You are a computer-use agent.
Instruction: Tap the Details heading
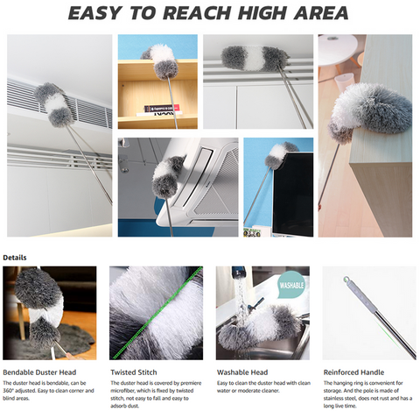15,259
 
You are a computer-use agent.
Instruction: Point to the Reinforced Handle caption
354,372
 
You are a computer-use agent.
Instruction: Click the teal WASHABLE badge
290,286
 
